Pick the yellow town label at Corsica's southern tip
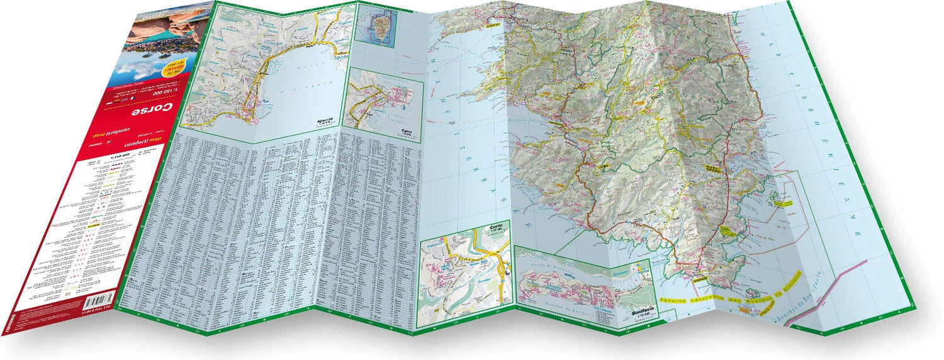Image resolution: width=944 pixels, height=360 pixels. tap(699, 278)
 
